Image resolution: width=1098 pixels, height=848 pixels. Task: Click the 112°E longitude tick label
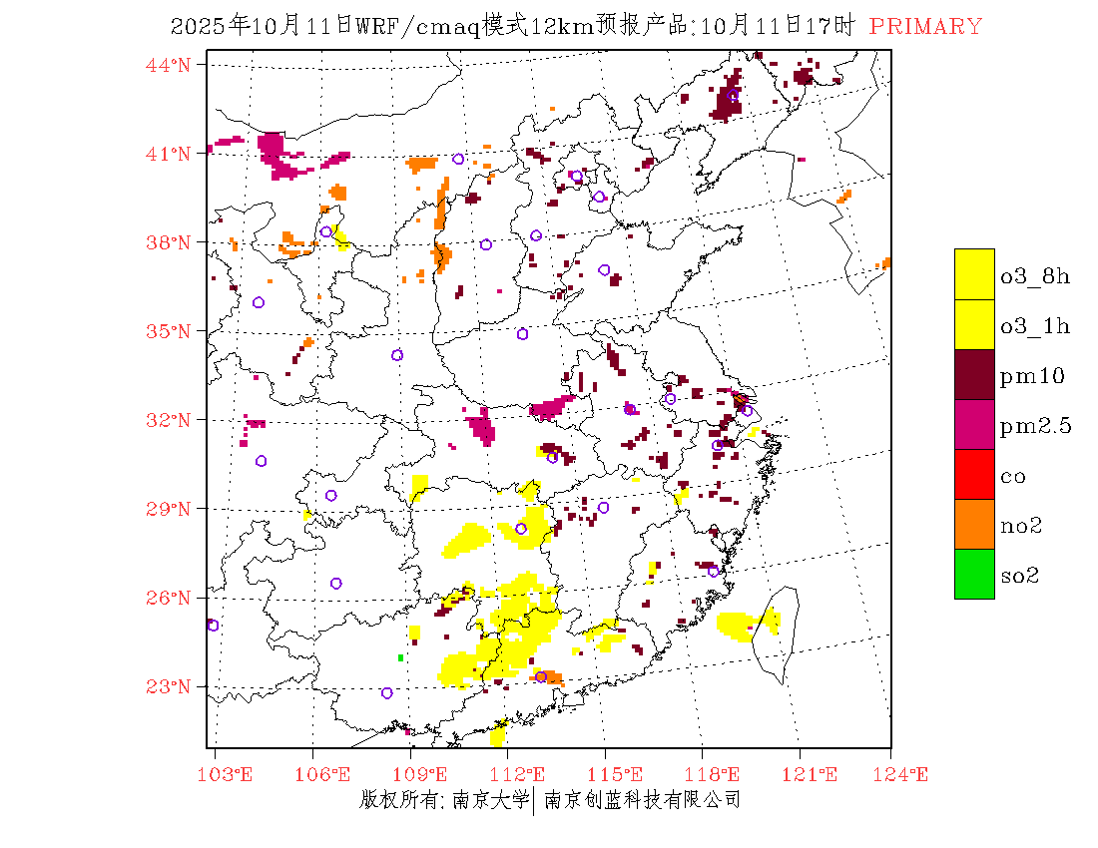coord(524,774)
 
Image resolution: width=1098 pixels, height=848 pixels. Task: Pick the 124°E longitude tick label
coord(908,774)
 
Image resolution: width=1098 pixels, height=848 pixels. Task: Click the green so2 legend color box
coord(974,574)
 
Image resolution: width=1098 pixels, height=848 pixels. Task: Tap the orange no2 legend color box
coord(974,524)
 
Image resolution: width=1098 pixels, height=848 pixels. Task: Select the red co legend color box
coord(974,474)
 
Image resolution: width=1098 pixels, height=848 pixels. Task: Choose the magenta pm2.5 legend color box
coord(974,424)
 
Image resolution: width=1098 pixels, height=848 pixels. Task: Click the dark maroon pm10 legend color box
coord(974,374)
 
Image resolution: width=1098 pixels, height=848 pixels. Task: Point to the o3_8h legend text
coord(1035,276)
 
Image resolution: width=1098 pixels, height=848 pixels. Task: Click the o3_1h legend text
coord(1035,326)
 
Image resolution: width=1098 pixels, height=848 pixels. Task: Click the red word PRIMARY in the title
coord(925,27)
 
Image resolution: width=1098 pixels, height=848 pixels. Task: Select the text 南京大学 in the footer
coord(490,799)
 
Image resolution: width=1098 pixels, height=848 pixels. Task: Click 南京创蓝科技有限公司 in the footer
coord(642,799)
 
